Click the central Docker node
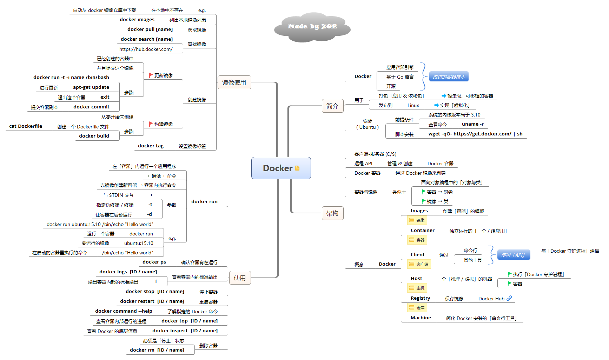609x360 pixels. (x=281, y=168)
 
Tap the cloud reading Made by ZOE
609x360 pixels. (x=312, y=27)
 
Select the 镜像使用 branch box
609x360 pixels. (x=234, y=82)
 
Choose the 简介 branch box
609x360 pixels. (x=332, y=106)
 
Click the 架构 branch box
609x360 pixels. (x=332, y=213)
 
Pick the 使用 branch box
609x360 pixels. (x=240, y=278)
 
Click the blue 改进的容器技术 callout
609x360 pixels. (x=449, y=76)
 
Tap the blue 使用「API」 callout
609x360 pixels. (x=513, y=255)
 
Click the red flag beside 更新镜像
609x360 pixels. (x=151, y=75)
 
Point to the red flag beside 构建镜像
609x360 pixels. (x=151, y=124)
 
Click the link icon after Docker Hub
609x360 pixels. (x=509, y=298)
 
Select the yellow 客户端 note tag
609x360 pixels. (x=419, y=264)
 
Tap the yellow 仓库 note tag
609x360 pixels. (x=417, y=307)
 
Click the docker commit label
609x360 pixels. (x=91, y=107)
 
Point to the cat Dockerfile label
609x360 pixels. (x=26, y=126)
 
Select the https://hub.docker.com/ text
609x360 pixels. (x=146, y=49)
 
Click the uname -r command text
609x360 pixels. (x=472, y=124)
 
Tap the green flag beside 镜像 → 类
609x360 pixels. (x=423, y=201)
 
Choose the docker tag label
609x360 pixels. (x=151, y=146)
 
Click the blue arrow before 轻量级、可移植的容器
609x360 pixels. (x=444, y=95)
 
